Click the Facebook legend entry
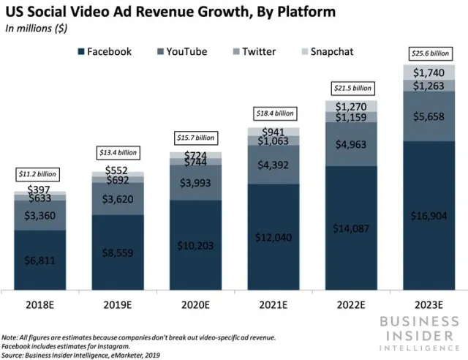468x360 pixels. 102,51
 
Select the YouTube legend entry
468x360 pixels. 178,51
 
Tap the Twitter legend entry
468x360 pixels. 252,51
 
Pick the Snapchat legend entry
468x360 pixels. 326,51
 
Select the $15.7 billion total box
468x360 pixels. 195,138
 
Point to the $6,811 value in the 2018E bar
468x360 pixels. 39,260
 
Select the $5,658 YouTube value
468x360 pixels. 429,115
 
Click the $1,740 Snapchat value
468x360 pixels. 429,72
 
